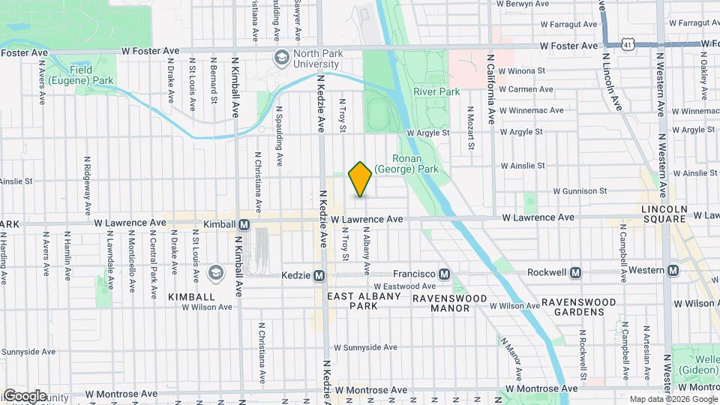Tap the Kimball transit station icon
pos(244,224)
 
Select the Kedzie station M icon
pos(319,276)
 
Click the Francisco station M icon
pos(444,274)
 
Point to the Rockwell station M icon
pos(575,271)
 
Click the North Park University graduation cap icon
pos(281,57)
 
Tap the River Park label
pos(436,91)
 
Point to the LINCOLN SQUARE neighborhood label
pos(664,213)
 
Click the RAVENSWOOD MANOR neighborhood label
pos(450,298)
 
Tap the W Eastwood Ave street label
pos(404,286)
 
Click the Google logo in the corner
pos(25,395)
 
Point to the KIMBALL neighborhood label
pos(191,297)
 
